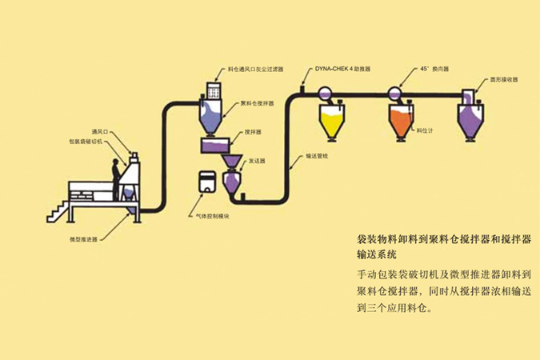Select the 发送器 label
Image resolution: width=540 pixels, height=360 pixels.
pos(256,161)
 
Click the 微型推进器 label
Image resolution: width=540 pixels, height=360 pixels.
pos(83,238)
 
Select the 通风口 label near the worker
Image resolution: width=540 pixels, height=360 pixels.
pos(99,130)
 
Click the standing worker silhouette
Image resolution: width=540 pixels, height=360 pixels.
pos(115,174)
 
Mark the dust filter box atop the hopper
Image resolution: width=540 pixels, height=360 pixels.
pos(215,92)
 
